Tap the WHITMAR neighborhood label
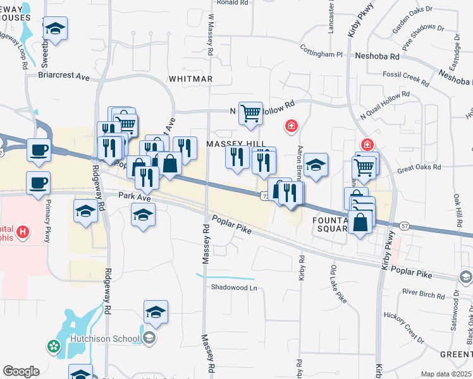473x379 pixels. [190, 79]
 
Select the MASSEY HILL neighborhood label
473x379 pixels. [233, 145]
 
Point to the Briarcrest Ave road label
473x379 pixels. [64, 76]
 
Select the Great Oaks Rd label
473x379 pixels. [418, 170]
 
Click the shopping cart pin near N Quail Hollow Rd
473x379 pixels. [250, 113]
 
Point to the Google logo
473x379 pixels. [21, 371]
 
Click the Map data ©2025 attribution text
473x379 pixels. [446, 374]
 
